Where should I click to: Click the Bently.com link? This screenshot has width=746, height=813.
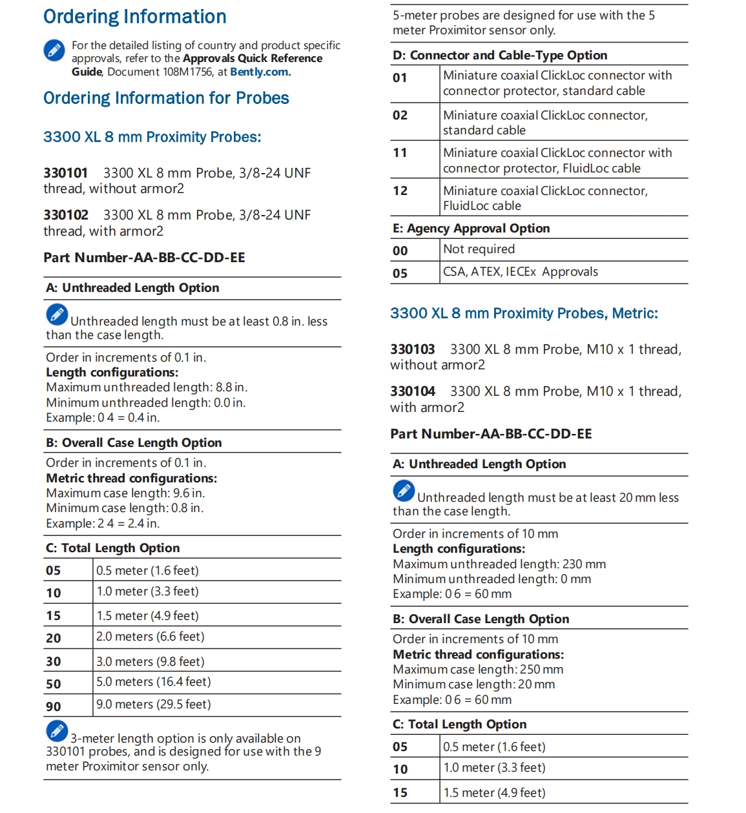pyautogui.click(x=260, y=72)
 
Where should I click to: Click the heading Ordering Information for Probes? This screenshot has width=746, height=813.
pyautogui.click(x=166, y=98)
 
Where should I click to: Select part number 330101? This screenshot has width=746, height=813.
pyautogui.click(x=65, y=173)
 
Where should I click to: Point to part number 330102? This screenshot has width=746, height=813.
pyautogui.click(x=66, y=215)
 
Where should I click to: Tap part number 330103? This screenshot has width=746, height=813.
pyautogui.click(x=412, y=349)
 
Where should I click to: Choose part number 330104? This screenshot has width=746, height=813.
pyautogui.click(x=412, y=391)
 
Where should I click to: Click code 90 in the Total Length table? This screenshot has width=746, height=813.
pyautogui.click(x=54, y=706)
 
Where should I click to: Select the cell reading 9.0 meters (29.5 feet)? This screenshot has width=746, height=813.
pyautogui.click(x=154, y=705)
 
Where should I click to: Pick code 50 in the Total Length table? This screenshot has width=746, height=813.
pyautogui.click(x=54, y=683)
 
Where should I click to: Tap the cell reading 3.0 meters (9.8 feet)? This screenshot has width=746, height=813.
pyautogui.click(x=150, y=662)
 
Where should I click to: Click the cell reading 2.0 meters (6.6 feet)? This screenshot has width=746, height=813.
pyautogui.click(x=150, y=637)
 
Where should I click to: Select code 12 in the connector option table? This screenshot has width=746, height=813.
pyautogui.click(x=400, y=191)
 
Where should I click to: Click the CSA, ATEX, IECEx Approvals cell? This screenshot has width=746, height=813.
pyautogui.click(x=521, y=272)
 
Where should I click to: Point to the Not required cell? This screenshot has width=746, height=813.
pyautogui.click(x=479, y=249)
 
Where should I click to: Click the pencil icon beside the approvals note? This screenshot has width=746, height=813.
pyautogui.click(x=54, y=50)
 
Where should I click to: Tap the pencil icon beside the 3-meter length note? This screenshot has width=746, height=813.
pyautogui.click(x=57, y=730)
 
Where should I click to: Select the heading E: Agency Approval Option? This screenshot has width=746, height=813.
pyautogui.click(x=471, y=229)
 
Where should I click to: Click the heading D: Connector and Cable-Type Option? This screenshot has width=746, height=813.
pyautogui.click(x=500, y=56)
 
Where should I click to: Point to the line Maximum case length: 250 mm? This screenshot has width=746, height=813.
pyautogui.click(x=478, y=670)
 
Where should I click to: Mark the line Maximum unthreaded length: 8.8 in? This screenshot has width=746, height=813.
pyautogui.click(x=147, y=387)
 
